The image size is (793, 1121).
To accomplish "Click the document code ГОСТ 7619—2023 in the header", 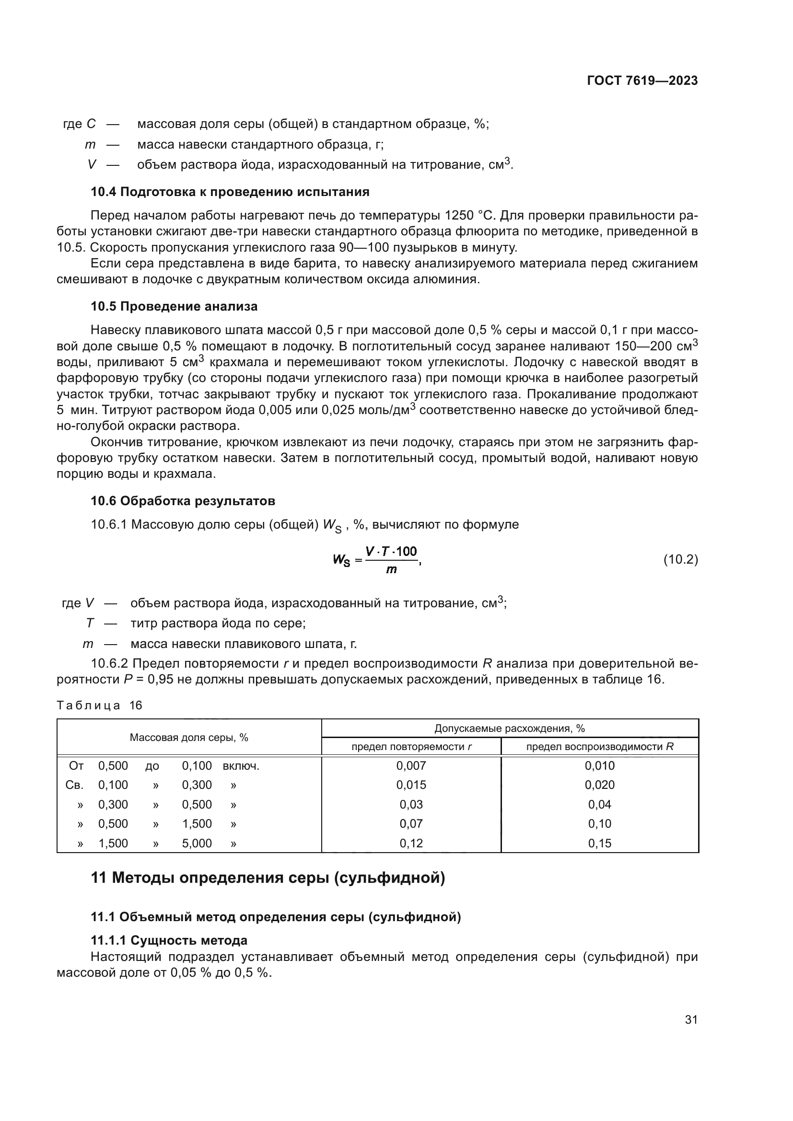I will click(x=642, y=81).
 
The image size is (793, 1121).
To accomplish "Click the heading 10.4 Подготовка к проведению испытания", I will click(x=230, y=192).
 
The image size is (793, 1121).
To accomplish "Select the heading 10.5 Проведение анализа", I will click(x=175, y=307).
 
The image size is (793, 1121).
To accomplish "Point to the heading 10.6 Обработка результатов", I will click(x=183, y=501).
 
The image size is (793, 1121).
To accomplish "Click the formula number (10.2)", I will click(x=680, y=559).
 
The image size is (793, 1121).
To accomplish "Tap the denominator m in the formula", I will click(x=391, y=570).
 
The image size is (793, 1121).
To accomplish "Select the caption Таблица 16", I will click(x=99, y=705).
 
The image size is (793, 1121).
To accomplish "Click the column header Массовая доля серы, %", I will click(x=189, y=737).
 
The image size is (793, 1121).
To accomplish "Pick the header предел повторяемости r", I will click(x=411, y=747).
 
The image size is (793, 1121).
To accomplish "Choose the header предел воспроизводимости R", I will click(x=600, y=747).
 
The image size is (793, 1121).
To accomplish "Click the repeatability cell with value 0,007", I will click(x=411, y=765).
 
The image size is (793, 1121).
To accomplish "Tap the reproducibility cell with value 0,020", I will click(x=600, y=785).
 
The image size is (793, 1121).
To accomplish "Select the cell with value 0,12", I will click(x=411, y=843).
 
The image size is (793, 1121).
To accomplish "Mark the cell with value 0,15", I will click(x=600, y=843).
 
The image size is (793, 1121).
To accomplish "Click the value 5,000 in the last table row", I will click(x=197, y=843).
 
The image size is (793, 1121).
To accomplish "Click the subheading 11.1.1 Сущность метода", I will click(x=169, y=940).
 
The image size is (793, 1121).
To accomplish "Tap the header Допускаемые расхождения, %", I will click(x=509, y=728).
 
